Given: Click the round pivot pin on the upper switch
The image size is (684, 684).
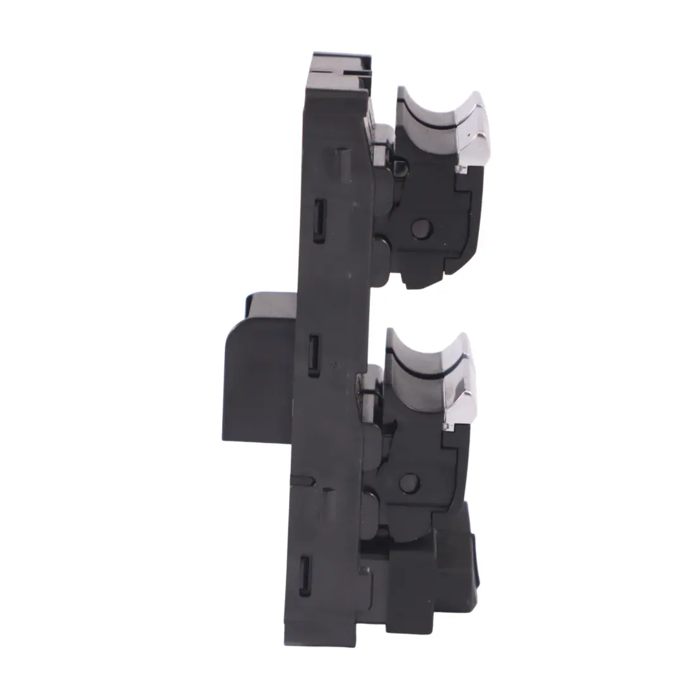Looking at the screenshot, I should (x=421, y=228).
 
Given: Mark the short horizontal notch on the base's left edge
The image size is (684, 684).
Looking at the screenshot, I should (x=303, y=481).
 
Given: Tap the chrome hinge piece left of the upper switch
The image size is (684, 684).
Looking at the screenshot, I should (x=381, y=142).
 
